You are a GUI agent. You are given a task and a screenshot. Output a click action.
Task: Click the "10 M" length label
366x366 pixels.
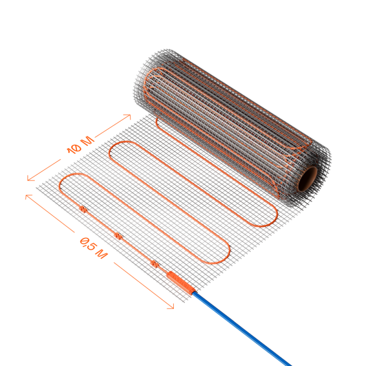point(81,145)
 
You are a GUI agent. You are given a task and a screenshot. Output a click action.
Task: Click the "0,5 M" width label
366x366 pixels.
point(94,248)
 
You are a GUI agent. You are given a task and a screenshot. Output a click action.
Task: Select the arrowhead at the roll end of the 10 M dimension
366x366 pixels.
point(127,117)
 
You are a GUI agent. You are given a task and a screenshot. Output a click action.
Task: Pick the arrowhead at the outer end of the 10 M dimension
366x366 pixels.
point(30,178)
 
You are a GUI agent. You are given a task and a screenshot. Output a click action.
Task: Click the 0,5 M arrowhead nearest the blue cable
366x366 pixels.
point(171,306)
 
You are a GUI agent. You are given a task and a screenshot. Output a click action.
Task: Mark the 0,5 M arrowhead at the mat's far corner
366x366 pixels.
point(28,196)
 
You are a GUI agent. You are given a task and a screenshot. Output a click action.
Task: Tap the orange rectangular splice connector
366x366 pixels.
point(181,282)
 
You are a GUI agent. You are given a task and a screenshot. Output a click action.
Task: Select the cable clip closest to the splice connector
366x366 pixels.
point(154,264)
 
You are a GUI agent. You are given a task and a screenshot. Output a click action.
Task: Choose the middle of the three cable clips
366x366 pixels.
point(118,236)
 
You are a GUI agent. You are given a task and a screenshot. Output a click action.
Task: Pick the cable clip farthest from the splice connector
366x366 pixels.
point(83,209)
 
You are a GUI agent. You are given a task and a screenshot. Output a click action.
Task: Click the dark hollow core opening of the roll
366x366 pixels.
point(307,179)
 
